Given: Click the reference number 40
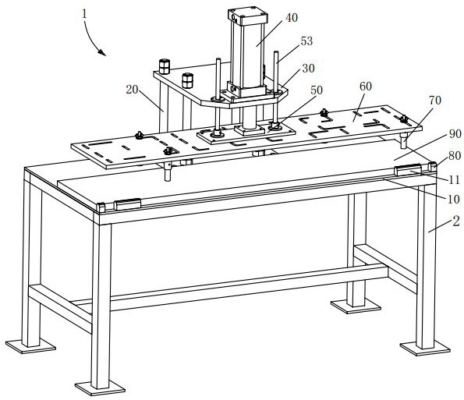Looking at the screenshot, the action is [292, 18].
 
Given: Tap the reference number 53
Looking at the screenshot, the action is [306, 41].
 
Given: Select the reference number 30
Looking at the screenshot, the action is [308, 69].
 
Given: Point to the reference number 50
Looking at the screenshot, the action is [317, 90].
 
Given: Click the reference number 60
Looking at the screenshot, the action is [366, 86].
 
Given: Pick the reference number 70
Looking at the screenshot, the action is [435, 101].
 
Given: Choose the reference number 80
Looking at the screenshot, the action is [455, 156].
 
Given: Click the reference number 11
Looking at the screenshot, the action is [454, 179].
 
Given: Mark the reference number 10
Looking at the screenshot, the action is [454, 199].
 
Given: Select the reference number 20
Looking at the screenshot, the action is [132, 90].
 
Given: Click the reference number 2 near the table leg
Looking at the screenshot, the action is [456, 221].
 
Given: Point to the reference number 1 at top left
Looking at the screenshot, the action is [85, 14].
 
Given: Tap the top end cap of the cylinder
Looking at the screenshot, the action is [248, 16].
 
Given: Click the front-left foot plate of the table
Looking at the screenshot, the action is [100, 388].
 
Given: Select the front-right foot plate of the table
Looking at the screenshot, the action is [425, 349].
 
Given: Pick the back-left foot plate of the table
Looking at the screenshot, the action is [30, 346].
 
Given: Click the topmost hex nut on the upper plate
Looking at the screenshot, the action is [165, 66].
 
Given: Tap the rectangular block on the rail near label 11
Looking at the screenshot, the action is [408, 170].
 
